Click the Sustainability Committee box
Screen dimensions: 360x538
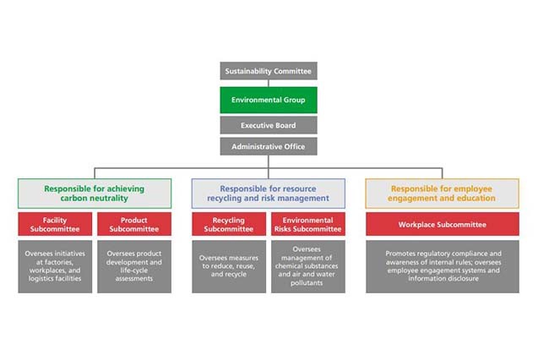pyautogui.click(x=269, y=71)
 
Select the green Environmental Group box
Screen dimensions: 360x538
pyautogui.click(x=269, y=100)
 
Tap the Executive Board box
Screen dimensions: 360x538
pyautogui.click(x=269, y=125)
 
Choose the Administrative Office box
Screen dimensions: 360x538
pyautogui.click(x=269, y=146)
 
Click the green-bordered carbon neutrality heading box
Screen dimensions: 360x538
pyautogui.click(x=95, y=194)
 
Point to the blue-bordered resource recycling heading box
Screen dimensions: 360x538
pyautogui.click(x=269, y=194)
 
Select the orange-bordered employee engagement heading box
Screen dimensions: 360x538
pyautogui.click(x=443, y=194)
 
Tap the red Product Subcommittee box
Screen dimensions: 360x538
pyautogui.click(x=134, y=224)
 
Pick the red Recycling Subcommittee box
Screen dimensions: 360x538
pyautogui.click(x=228, y=224)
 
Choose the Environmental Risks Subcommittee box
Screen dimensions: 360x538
pyautogui.click(x=308, y=224)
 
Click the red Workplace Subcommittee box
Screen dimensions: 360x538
pyautogui.click(x=443, y=225)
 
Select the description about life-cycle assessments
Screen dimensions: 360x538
pyautogui.click(x=134, y=266)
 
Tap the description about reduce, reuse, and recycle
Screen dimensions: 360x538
pyautogui.click(x=228, y=266)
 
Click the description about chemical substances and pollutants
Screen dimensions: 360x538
pyautogui.click(x=308, y=266)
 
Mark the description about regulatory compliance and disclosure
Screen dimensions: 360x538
pyautogui.click(x=443, y=266)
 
